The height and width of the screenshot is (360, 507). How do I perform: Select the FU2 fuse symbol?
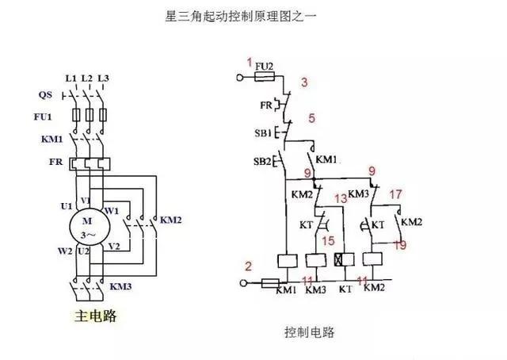[265, 77]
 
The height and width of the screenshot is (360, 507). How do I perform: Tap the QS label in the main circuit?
[45, 95]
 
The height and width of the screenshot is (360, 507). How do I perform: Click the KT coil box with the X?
[345, 259]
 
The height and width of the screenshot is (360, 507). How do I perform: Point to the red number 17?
[395, 194]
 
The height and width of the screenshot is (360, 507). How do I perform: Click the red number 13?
[341, 198]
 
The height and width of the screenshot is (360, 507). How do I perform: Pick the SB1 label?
[263, 133]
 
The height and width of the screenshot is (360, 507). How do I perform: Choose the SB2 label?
[262, 161]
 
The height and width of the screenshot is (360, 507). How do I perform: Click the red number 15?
[328, 241]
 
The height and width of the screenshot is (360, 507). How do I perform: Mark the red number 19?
[399, 245]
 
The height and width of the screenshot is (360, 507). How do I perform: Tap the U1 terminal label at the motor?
[67, 206]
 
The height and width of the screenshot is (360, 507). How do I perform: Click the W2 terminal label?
[65, 251]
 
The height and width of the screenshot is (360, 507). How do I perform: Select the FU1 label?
[43, 117]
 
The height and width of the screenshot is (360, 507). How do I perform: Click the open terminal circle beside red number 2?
[243, 283]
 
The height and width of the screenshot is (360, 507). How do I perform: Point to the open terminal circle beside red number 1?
[240, 78]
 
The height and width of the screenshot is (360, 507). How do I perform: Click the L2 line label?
[86, 79]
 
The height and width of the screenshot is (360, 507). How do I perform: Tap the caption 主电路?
[95, 316]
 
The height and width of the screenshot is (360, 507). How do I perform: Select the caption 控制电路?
[310, 332]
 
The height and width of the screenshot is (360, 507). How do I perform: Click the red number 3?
[304, 82]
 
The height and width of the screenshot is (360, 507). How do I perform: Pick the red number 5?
[311, 118]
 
